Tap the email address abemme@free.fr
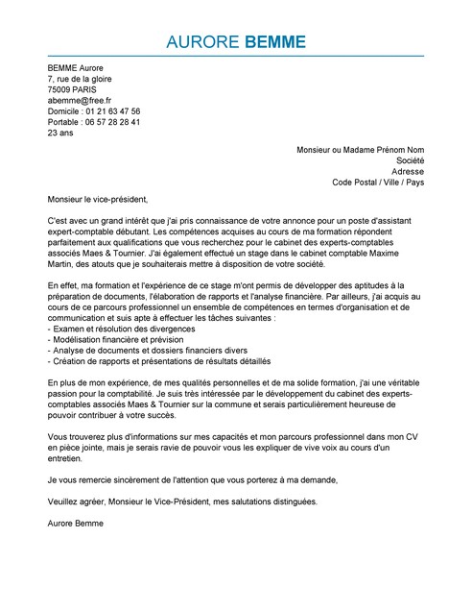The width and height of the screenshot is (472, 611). (x=80, y=100)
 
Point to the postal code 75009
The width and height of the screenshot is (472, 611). (x=62, y=88)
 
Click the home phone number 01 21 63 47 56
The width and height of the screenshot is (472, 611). (x=108, y=111)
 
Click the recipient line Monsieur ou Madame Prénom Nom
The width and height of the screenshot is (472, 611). (x=359, y=151)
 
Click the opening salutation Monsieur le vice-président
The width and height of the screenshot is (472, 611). (x=98, y=200)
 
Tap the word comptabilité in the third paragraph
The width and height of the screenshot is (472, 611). (x=154, y=394)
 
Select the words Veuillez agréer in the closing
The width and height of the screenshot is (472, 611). (x=76, y=501)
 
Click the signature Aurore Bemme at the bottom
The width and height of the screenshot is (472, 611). (x=75, y=524)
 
